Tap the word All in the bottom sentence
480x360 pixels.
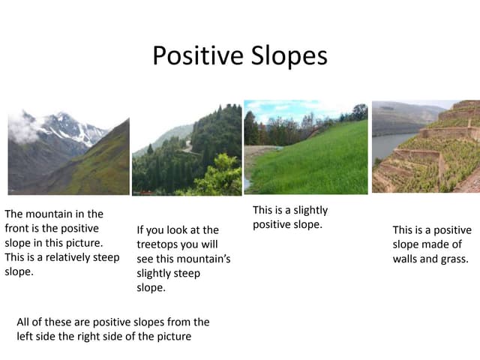(x=24, y=322)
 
